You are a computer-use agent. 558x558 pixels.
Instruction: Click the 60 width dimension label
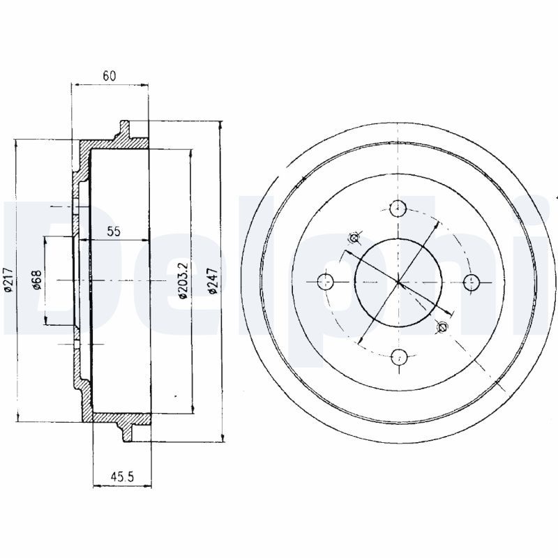[x=110, y=76]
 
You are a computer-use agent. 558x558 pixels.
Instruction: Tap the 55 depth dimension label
[x=114, y=232]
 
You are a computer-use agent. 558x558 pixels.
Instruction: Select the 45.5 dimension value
[x=122, y=477]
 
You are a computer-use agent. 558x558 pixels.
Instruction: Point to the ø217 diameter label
[x=8, y=280]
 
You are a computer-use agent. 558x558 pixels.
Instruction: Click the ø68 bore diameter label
[x=37, y=280]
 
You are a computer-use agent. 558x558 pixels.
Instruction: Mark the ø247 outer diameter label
[x=213, y=280]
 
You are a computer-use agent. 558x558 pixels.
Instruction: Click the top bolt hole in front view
[x=398, y=208]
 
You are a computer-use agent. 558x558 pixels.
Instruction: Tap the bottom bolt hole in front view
[x=398, y=357]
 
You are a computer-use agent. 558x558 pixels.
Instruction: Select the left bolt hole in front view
[x=325, y=282]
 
